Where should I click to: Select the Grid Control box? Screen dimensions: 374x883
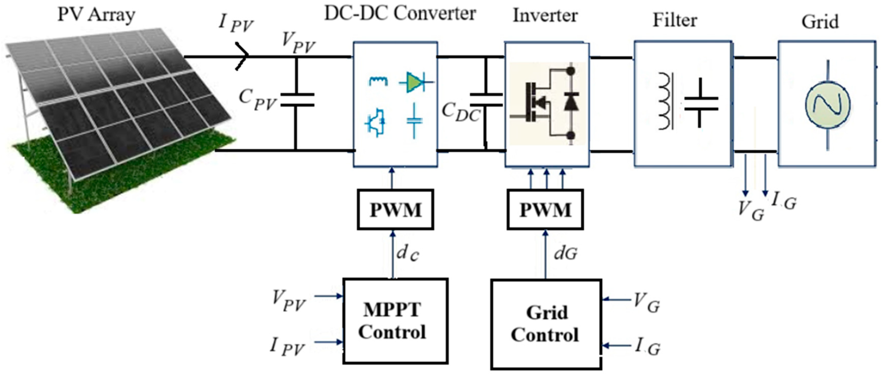[x=546, y=324]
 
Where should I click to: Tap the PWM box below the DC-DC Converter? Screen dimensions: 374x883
[x=395, y=209]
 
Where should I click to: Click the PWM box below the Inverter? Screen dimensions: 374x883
[x=545, y=209]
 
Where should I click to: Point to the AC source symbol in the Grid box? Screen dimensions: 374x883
[x=827, y=105]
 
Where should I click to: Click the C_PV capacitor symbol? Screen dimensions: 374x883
[x=297, y=99]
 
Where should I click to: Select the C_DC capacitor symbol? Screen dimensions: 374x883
[x=486, y=99]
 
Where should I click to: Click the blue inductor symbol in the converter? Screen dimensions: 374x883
[x=378, y=81]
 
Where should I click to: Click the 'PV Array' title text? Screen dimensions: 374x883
[x=96, y=15]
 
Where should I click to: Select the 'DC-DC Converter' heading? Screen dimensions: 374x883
[x=400, y=14]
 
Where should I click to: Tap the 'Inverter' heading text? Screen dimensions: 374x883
[x=545, y=15]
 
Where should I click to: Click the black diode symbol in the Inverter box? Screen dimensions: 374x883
[x=571, y=102]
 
